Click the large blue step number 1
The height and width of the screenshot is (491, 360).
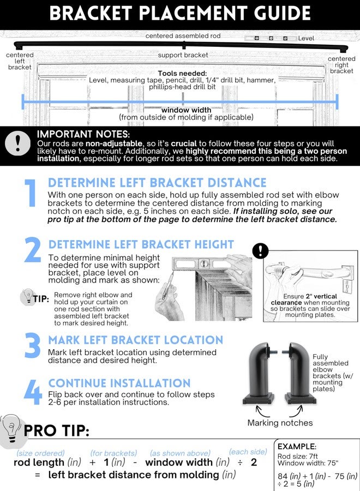point(31,193)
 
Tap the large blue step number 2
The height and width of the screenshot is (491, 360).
point(33,249)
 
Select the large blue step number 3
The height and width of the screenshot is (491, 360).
point(33,345)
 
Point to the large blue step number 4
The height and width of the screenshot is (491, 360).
point(33,391)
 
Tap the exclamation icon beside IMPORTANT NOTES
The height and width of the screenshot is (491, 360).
point(18,143)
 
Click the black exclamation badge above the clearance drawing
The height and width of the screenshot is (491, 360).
point(260,250)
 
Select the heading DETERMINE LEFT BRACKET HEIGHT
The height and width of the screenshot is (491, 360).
point(141,244)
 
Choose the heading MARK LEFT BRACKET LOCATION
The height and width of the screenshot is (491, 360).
point(136,340)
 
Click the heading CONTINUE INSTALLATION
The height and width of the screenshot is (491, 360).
point(119,383)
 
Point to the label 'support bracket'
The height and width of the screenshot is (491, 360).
point(183,55)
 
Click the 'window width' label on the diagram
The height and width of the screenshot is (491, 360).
point(186,110)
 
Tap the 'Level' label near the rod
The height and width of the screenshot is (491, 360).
point(306,38)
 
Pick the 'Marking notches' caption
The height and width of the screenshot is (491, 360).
point(280,423)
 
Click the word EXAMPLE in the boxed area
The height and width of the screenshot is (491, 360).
point(297,446)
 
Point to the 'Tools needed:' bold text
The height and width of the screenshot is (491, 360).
point(182,74)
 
